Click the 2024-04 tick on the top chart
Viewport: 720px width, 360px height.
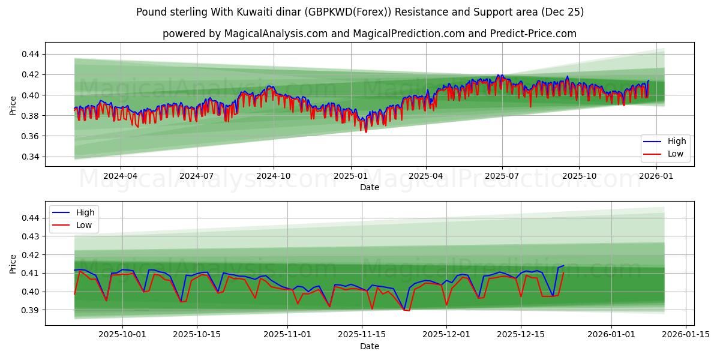(x=121, y=176)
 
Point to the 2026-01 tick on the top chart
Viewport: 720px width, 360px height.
(x=656, y=176)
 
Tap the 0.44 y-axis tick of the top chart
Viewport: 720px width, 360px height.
(x=29, y=54)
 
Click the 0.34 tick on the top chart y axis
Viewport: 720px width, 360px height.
(x=29, y=157)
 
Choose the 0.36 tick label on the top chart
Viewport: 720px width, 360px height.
(x=29, y=136)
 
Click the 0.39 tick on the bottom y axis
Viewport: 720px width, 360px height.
(x=29, y=310)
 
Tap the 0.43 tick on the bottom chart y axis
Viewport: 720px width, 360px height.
(x=29, y=236)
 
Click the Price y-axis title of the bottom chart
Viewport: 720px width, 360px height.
(x=13, y=263)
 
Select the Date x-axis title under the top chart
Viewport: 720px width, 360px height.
(x=369, y=187)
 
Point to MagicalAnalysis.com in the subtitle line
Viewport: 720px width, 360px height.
(x=271, y=34)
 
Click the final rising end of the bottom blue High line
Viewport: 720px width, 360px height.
(x=563, y=266)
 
